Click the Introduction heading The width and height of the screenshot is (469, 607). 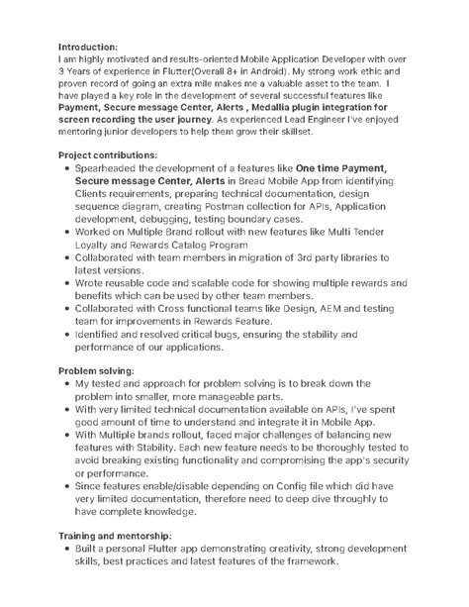tap(88, 47)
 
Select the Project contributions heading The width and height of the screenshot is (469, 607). tap(107, 155)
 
